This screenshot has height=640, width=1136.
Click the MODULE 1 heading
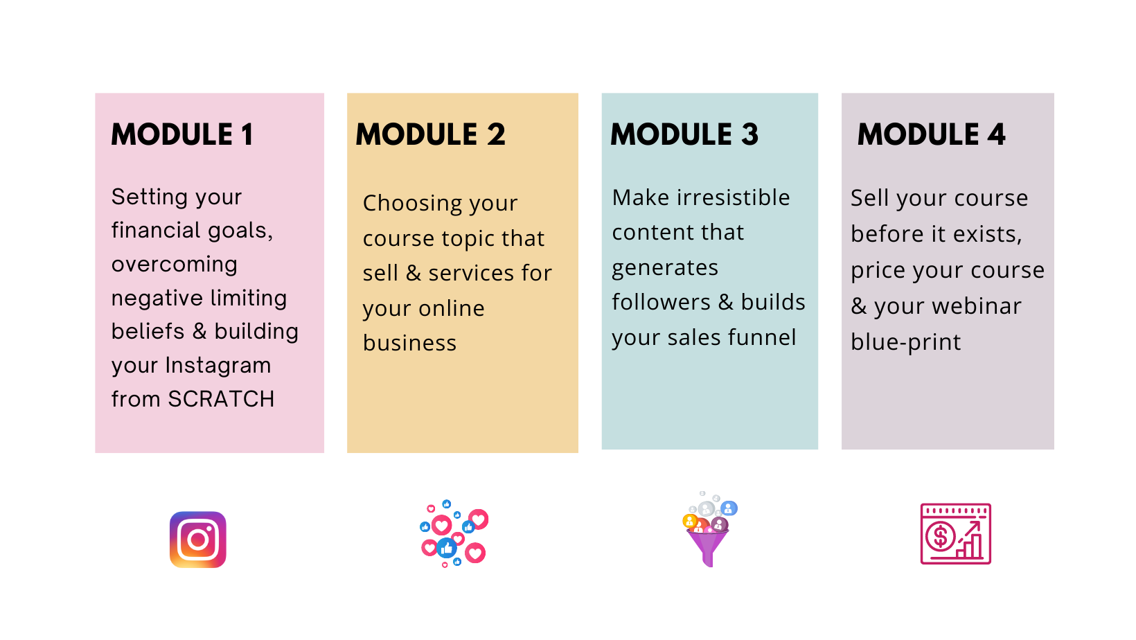182,135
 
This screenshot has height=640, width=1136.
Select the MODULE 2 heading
431,135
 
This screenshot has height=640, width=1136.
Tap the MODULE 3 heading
684,135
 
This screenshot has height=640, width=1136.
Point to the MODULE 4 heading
931,135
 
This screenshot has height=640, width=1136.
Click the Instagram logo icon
198,540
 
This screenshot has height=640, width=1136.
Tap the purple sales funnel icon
709,529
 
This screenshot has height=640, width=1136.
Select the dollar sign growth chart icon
955,533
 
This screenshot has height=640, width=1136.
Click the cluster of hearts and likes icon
454,533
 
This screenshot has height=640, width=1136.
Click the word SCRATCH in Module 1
221,399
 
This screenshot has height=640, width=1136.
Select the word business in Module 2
410,343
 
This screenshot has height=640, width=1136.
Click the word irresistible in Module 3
734,197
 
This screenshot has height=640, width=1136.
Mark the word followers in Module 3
661,302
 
